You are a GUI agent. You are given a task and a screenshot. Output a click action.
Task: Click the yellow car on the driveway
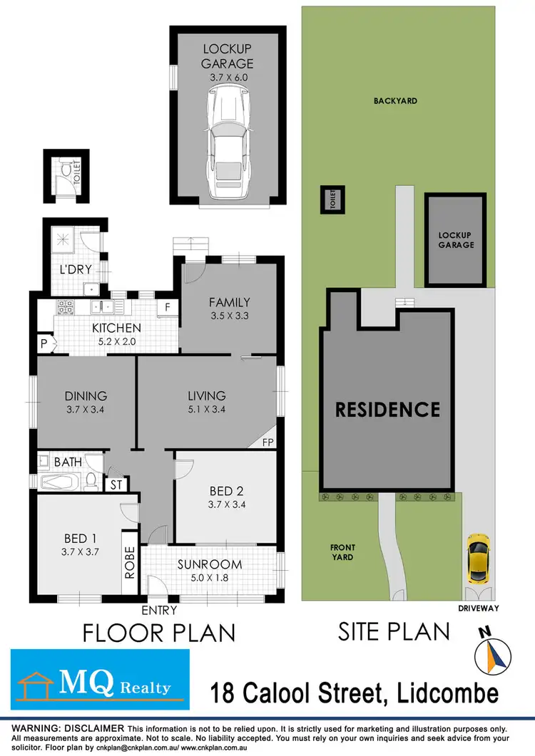[477, 558]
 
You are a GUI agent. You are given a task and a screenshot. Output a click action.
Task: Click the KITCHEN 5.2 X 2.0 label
[116, 335]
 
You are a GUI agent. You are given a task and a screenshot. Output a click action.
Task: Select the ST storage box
[116, 485]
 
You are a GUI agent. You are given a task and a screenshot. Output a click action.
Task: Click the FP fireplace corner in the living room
[269, 441]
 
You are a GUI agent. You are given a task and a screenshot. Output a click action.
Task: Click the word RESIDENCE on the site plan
[387, 409]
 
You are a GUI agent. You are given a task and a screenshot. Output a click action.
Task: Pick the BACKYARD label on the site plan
[395, 101]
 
